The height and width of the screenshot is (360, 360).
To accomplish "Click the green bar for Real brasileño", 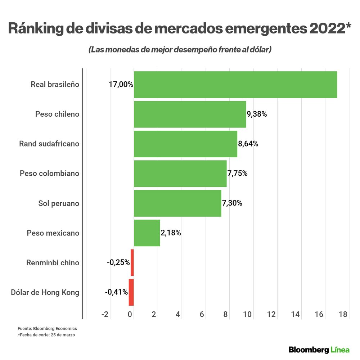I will pyautogui.click(x=235, y=85).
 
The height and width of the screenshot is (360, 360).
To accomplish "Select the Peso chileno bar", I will pyautogui.click(x=190, y=114).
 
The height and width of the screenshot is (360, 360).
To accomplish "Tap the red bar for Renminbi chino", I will pyautogui.click(x=132, y=262).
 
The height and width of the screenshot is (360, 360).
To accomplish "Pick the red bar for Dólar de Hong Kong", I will pyautogui.click(x=131, y=292).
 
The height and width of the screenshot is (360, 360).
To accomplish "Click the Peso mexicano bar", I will pyautogui.click(x=147, y=233).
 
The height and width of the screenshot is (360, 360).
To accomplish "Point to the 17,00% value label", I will pyautogui.click(x=121, y=85).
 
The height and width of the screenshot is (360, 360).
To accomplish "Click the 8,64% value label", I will pyautogui.click(x=248, y=144).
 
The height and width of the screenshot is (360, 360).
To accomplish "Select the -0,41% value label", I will pyautogui.click(x=117, y=292).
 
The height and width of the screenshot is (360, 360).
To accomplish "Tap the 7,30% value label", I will pyautogui.click(x=232, y=203).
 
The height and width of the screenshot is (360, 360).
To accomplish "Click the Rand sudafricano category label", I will pyautogui.click(x=49, y=144).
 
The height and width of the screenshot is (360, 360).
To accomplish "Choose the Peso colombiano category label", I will pyautogui.click(x=49, y=174).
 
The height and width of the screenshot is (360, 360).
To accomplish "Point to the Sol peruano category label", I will pyautogui.click(x=59, y=203).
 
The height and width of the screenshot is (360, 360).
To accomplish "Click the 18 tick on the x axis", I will pyautogui.click(x=343, y=314).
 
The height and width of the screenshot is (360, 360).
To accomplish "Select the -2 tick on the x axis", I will pyautogui.click(x=105, y=314).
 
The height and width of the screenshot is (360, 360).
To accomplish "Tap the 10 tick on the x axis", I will pyautogui.click(x=247, y=314).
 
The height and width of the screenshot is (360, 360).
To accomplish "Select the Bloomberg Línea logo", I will pyautogui.click(x=319, y=350).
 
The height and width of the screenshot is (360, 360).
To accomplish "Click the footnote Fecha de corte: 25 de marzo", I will pyautogui.click(x=46, y=335).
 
